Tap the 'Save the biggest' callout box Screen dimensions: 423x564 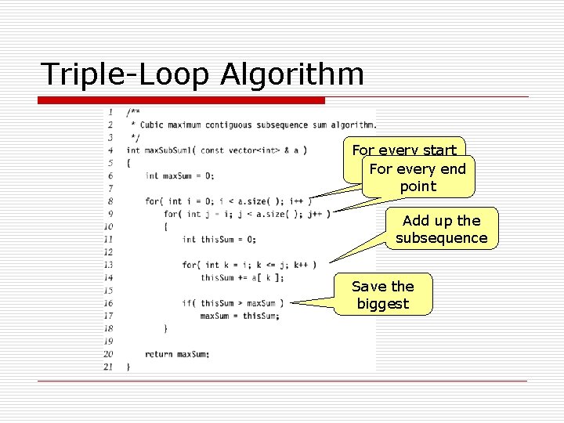click(x=383, y=295)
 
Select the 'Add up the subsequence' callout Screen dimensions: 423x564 click(x=441, y=230)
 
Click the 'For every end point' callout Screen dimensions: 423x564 click(x=418, y=178)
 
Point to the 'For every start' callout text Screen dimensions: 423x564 click(x=404, y=150)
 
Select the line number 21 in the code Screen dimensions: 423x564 click(x=108, y=367)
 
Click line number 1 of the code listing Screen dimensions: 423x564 click(x=110, y=111)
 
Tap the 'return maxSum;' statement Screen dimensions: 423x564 click(x=177, y=354)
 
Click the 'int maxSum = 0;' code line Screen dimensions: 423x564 click(x=179, y=175)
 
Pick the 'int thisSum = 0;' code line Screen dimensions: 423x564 click(x=219, y=239)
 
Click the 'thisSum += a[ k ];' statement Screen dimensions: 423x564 click(x=242, y=277)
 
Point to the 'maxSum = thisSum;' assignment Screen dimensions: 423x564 click(x=239, y=316)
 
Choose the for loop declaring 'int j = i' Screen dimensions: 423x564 click(x=246, y=214)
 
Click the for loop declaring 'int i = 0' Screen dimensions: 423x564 click(x=228, y=201)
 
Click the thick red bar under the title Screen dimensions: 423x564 click(x=183, y=100)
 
